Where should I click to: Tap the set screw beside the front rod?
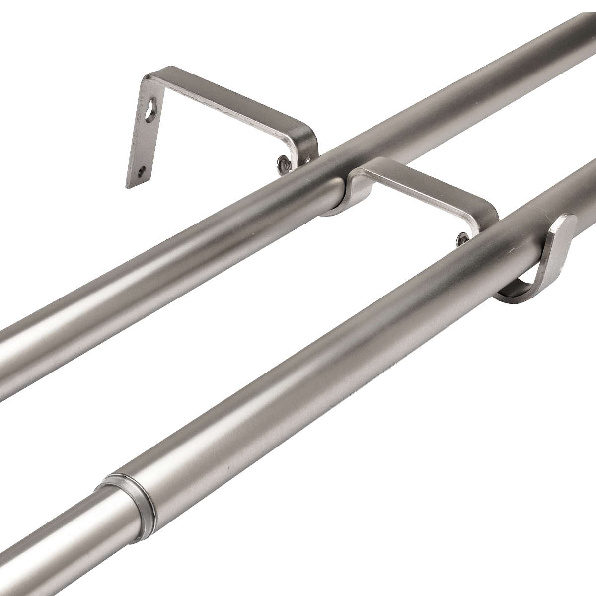coord(462,239)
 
